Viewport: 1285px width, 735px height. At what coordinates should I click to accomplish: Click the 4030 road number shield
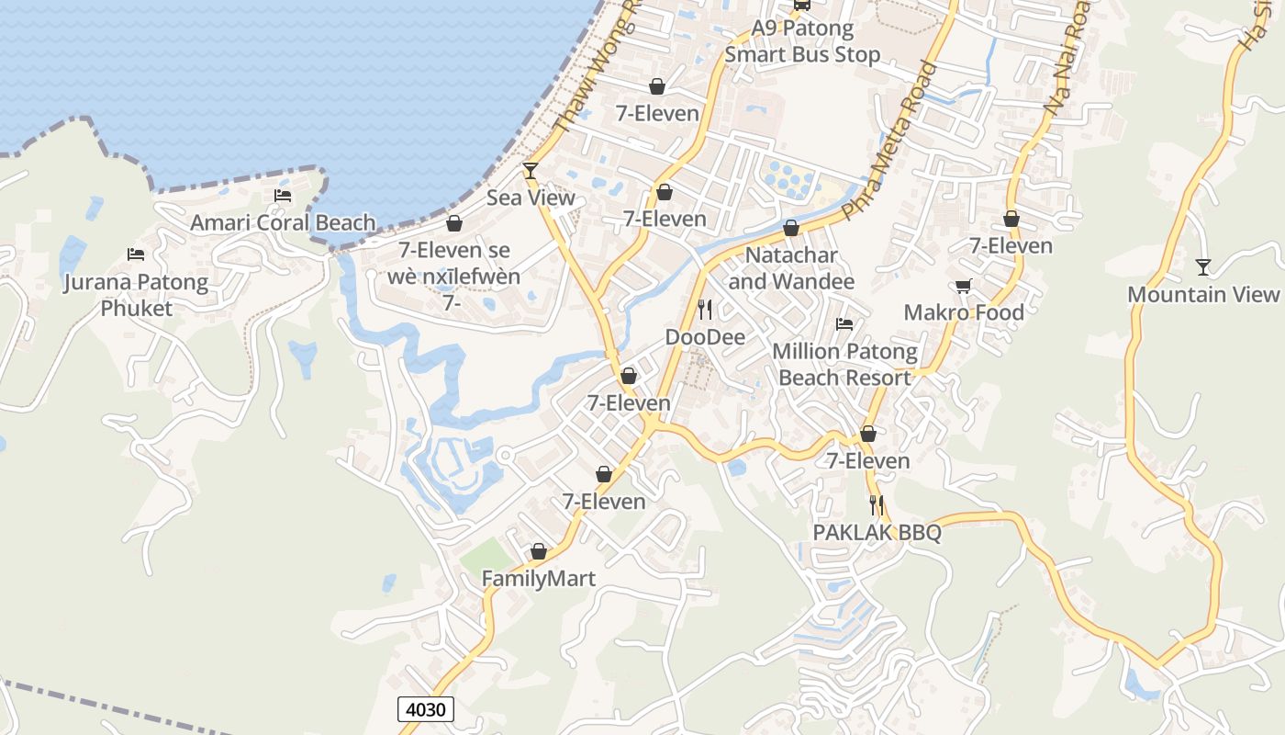426,709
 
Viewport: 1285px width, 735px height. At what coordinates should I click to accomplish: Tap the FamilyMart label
539,579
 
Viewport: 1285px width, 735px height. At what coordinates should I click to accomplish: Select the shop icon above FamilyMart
539,551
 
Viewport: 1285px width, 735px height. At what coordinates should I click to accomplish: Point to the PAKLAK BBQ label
877,533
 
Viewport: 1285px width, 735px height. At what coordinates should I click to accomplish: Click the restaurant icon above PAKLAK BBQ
877,504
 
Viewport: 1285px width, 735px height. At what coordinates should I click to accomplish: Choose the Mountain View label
1202,294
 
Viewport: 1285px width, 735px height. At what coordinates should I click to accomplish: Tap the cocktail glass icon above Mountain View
1203,267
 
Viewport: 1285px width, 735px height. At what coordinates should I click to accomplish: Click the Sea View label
531,198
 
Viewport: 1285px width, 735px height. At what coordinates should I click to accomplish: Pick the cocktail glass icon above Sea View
530,170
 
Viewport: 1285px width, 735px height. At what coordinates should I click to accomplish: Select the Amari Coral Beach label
283,222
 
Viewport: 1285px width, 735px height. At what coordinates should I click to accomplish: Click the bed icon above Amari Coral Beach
283,195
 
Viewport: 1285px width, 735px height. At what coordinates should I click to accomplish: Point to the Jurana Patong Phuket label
136,295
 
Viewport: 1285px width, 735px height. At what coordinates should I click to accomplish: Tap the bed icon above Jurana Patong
136,254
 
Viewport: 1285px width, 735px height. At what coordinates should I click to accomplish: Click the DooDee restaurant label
705,337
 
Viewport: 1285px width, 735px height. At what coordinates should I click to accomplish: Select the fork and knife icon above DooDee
705,309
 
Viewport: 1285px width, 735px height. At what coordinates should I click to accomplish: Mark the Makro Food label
964,312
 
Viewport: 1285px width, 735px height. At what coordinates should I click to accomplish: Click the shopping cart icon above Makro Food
964,286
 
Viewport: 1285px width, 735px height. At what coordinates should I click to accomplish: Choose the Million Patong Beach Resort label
844,364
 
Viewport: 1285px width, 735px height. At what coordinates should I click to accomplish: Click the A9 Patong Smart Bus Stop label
802,41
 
